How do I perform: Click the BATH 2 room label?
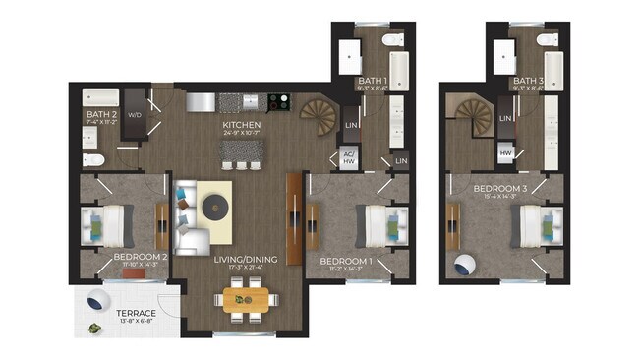(x=102, y=116)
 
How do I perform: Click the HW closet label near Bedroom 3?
(x=505, y=154)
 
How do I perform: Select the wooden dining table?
(x=242, y=299)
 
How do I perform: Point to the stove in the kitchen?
(x=278, y=100)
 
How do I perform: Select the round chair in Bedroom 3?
(x=464, y=265)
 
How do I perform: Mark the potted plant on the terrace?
(x=93, y=330)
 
